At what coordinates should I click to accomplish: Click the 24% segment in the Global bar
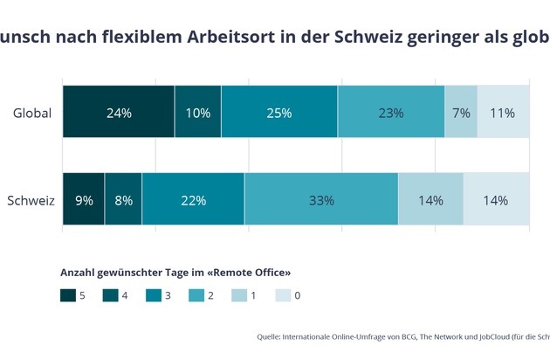(x=119, y=113)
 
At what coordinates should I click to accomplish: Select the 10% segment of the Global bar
(x=198, y=113)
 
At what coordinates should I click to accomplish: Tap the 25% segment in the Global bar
(x=279, y=113)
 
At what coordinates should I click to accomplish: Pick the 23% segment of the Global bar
(x=391, y=113)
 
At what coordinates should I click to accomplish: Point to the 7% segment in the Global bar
(x=461, y=113)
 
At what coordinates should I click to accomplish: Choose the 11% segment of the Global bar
(x=504, y=113)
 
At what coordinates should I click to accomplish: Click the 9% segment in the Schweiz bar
(x=84, y=200)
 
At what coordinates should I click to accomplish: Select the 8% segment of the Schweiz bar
(x=123, y=200)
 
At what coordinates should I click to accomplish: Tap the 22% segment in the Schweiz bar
(x=193, y=200)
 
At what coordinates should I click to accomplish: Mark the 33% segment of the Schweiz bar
(x=321, y=200)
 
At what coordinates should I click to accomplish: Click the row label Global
(x=32, y=113)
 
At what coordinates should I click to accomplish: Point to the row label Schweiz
(x=31, y=200)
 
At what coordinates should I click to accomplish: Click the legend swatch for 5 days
(x=67, y=296)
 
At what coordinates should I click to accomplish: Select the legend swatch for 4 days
(x=110, y=296)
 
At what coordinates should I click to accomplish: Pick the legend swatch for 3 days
(x=154, y=296)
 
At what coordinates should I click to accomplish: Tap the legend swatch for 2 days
(x=196, y=296)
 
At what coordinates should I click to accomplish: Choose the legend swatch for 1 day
(x=240, y=296)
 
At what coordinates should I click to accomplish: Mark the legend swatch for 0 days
(x=283, y=296)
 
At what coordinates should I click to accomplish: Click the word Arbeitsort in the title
(x=225, y=38)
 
